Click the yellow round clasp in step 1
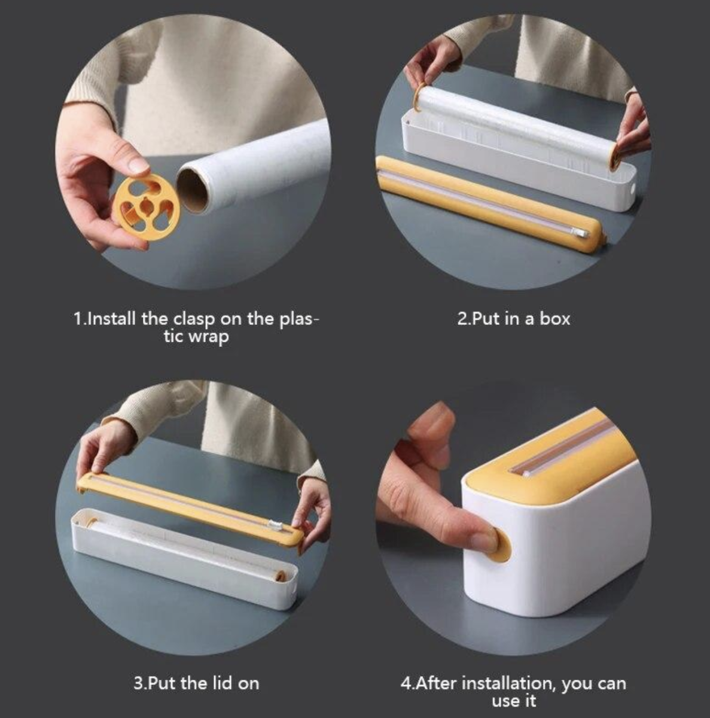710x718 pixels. pos(147,208)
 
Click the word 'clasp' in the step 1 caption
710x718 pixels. pos(194,320)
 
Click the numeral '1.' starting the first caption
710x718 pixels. pos(79,319)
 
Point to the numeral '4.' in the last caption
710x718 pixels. pos(407,683)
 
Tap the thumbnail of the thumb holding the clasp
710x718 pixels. pos(138,165)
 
